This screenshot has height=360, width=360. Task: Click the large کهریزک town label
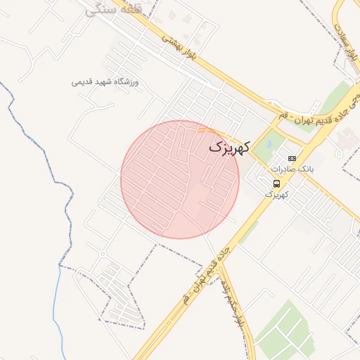[229, 148]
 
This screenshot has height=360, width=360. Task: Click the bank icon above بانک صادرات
[292, 158]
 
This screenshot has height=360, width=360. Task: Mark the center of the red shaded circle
[180, 179]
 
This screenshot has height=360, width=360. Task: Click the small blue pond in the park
[268, 146]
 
